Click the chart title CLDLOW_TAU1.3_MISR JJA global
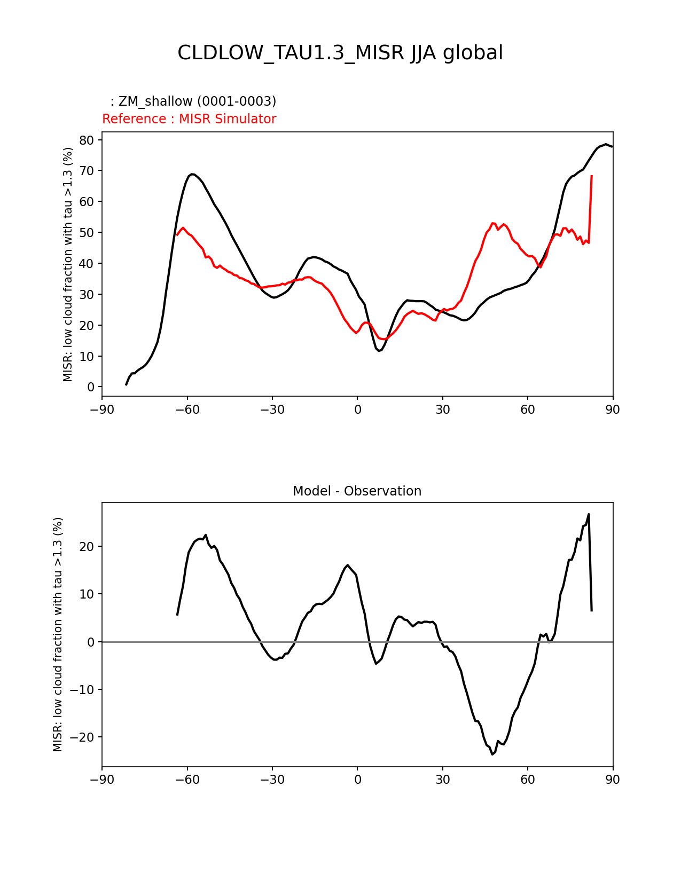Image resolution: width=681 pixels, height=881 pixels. (x=340, y=53)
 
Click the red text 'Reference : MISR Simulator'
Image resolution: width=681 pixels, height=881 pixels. (x=189, y=119)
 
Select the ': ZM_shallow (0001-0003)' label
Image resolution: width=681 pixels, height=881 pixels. (x=193, y=101)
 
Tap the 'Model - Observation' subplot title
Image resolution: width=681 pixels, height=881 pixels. (x=357, y=491)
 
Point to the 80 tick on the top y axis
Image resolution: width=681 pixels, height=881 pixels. (x=88, y=140)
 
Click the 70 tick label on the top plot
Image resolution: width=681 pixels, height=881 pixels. (x=88, y=171)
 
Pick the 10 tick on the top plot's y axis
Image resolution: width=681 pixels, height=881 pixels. (x=88, y=356)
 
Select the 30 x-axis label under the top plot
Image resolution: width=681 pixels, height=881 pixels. (x=442, y=410)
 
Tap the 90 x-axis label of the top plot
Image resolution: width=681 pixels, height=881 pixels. (x=613, y=410)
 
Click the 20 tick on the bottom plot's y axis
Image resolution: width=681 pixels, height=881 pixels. (x=88, y=547)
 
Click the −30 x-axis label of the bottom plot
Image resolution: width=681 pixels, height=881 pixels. (x=272, y=780)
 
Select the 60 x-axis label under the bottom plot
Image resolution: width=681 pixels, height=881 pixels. (x=528, y=780)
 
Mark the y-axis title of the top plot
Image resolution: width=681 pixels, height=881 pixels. (x=68, y=264)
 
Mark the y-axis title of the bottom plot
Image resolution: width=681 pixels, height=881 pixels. (x=58, y=634)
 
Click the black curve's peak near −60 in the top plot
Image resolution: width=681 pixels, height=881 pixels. (x=192, y=174)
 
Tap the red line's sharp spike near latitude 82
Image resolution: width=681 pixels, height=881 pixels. (x=591, y=176)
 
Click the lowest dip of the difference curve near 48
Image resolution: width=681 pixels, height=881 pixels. (x=492, y=754)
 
